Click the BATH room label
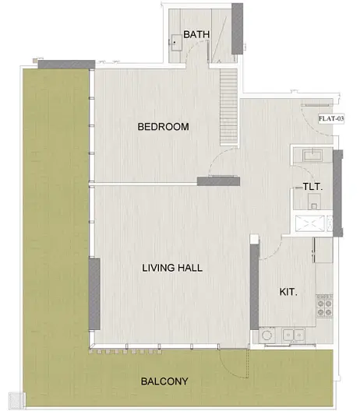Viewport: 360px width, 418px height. (196, 34)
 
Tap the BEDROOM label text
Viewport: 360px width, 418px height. (164, 127)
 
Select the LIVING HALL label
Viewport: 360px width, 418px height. (172, 268)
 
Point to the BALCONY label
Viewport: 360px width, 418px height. (164, 381)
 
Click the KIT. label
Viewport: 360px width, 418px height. (288, 292)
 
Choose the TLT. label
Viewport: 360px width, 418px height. (312, 187)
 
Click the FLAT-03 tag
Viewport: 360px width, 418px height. (331, 118)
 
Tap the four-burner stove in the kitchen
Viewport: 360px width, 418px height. (324, 306)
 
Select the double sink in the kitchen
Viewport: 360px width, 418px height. (294, 335)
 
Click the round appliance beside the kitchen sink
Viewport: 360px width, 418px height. (267, 335)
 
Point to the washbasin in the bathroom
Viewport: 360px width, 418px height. (176, 42)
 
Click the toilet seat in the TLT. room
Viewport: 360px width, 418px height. (314, 202)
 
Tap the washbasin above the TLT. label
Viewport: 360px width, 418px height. (312, 156)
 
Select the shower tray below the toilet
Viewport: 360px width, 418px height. (310, 223)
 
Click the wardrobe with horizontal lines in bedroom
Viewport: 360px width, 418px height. (229, 107)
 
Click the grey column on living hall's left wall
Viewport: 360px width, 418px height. (94, 294)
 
